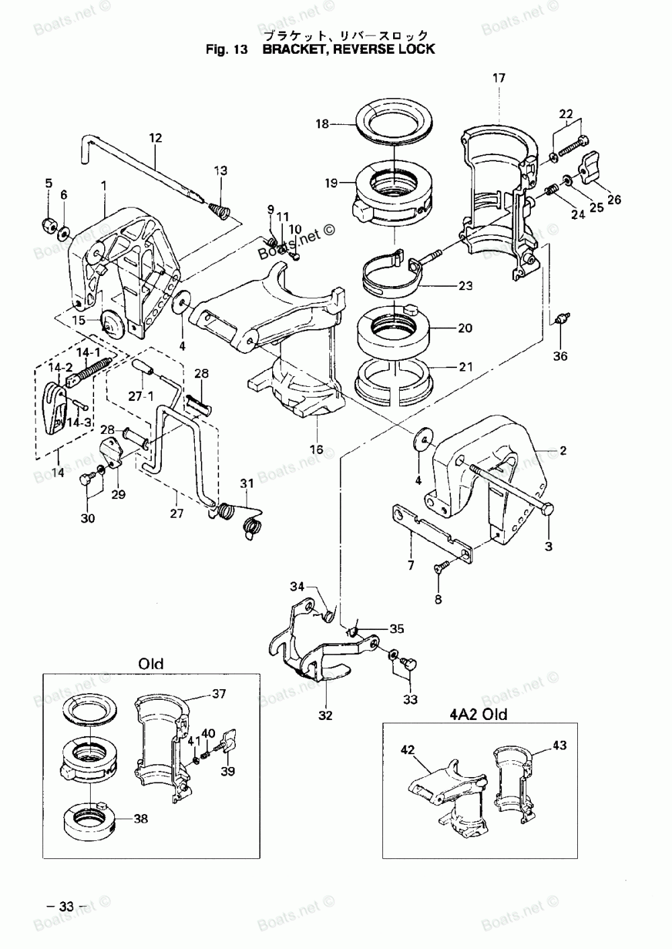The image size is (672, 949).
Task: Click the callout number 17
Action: [499, 78]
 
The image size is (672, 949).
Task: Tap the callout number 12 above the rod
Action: [156, 138]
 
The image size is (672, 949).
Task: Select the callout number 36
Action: [560, 356]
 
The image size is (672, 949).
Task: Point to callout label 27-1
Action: [142, 396]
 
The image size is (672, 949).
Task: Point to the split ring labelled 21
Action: [395, 378]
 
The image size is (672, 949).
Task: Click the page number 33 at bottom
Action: [67, 906]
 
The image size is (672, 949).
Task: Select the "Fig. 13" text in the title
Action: [227, 49]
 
